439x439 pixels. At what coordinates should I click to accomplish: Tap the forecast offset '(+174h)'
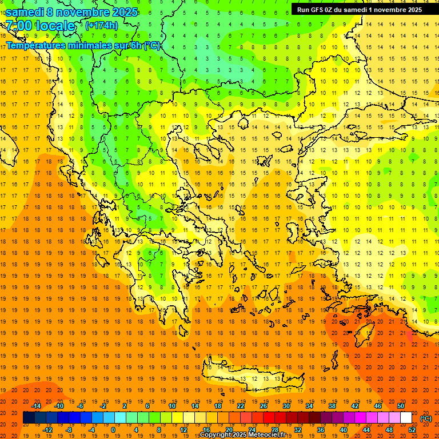click(x=101, y=25)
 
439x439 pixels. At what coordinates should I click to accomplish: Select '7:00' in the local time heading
click(x=19, y=26)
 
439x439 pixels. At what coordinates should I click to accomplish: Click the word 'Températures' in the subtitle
click(x=35, y=45)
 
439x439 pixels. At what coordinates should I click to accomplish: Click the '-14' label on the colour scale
click(x=36, y=406)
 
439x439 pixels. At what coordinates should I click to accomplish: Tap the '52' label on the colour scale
click(x=412, y=430)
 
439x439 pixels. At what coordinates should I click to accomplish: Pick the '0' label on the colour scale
click(x=113, y=430)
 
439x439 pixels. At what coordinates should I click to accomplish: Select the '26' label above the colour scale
click(x=264, y=406)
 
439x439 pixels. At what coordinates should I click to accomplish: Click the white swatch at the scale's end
click(x=406, y=418)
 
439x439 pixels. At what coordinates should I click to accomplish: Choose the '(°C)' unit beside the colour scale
click(x=425, y=418)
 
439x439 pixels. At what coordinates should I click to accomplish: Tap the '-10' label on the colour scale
click(x=58, y=406)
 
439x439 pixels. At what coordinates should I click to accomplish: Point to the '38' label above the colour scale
click(x=332, y=406)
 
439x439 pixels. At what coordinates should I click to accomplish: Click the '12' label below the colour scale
click(x=183, y=430)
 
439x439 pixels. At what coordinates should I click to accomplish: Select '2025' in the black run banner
click(x=412, y=9)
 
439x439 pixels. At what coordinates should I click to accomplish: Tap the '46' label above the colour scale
click(x=378, y=406)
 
